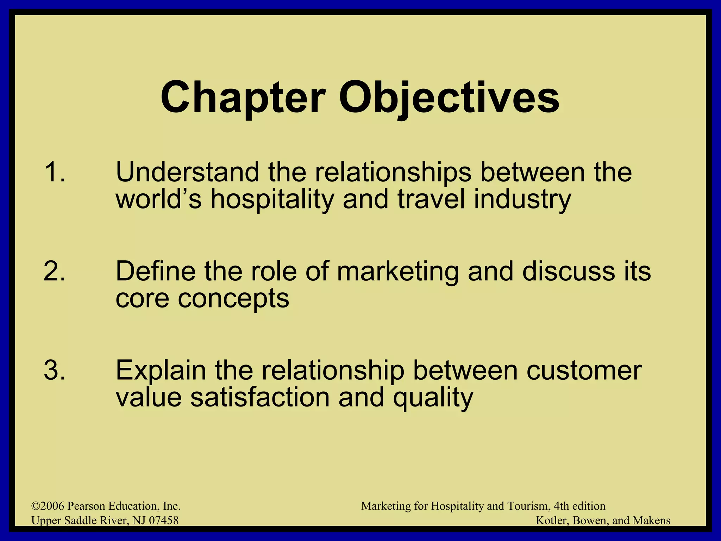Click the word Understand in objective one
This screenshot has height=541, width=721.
[x=188, y=172]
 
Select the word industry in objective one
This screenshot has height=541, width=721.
[x=522, y=199]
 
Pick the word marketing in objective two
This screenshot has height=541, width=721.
[x=398, y=272]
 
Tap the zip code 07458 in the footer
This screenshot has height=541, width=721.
[x=164, y=521]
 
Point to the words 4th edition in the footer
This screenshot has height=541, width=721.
[x=579, y=506]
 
